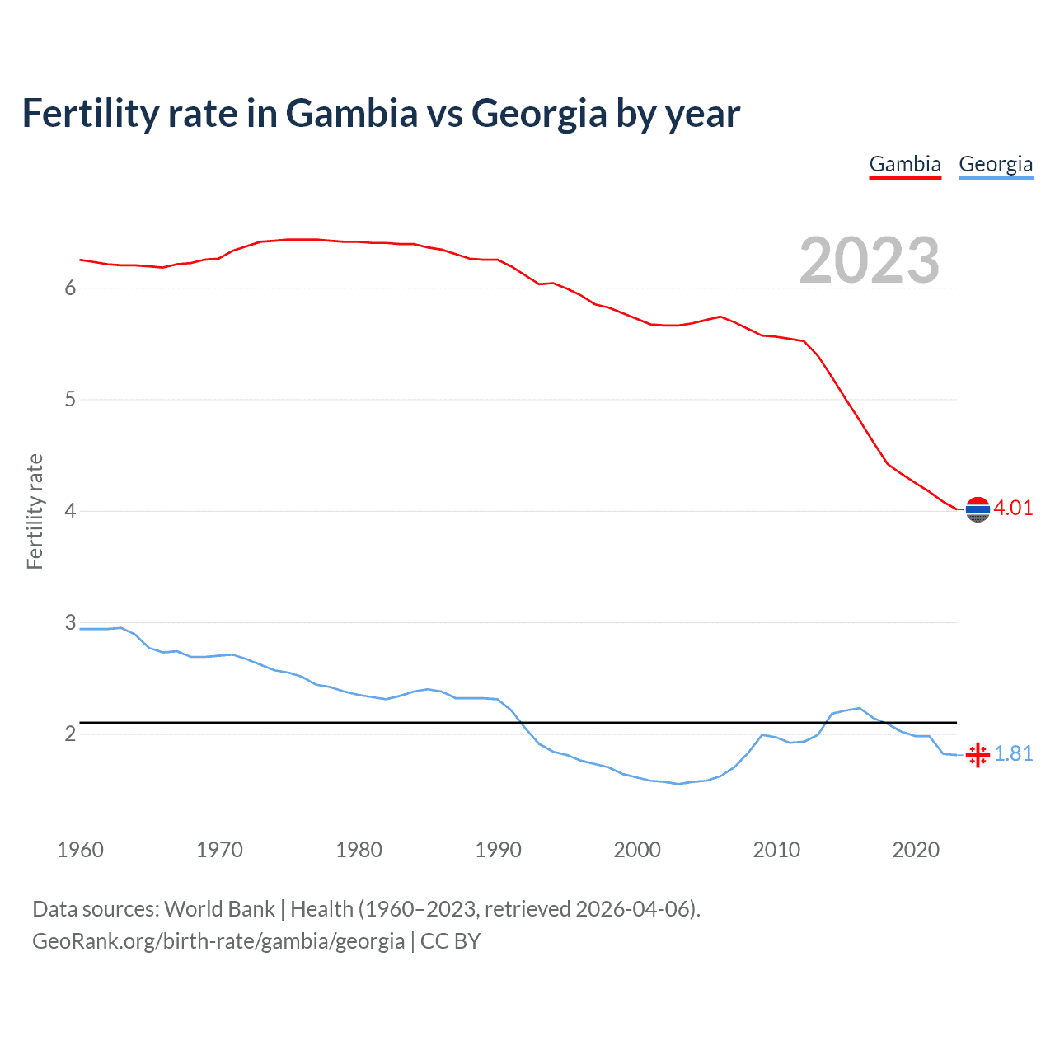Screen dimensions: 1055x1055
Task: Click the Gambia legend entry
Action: [x=905, y=164]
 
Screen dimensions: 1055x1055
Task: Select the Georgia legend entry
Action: [x=996, y=164]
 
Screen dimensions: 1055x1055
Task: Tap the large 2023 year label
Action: [x=870, y=260]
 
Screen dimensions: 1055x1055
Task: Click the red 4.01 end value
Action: [x=1013, y=508]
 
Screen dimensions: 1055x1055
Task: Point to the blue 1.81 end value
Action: [x=1013, y=753]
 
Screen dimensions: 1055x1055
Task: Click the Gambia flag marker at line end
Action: [x=978, y=510]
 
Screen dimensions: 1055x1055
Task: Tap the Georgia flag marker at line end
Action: [x=978, y=754]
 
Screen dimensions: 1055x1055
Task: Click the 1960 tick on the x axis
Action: [x=80, y=850]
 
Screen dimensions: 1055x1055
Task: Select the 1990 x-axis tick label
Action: [x=498, y=850]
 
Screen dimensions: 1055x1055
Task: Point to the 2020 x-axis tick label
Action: [x=916, y=850]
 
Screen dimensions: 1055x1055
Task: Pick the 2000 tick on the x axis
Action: [x=637, y=850]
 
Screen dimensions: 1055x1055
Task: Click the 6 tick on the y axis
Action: [x=70, y=288]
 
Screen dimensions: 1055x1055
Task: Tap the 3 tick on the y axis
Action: [x=70, y=622]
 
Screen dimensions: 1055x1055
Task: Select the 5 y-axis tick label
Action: [x=70, y=400]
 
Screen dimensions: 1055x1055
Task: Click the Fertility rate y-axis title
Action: [x=35, y=511]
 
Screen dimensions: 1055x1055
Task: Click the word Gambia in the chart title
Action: [x=352, y=113]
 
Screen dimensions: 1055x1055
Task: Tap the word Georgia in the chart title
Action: [x=539, y=113]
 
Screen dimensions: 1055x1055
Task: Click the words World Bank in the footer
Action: [x=219, y=908]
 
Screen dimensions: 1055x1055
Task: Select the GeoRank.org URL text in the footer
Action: [x=218, y=941]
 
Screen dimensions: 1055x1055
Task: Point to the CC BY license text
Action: [x=450, y=941]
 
